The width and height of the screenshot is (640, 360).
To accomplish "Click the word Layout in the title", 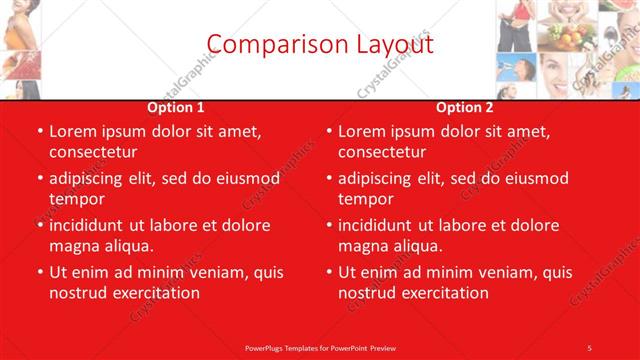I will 391,44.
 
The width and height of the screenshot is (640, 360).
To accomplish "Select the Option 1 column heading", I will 176,107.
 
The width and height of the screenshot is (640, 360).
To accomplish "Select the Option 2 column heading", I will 464,107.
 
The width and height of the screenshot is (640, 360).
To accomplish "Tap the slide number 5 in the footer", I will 590,346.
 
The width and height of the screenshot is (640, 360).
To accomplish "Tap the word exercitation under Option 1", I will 155,292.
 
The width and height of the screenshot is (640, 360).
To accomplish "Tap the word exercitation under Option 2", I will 443,292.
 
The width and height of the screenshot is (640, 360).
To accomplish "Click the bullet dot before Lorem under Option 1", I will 40,131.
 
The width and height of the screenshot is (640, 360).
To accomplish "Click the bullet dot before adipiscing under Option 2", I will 329,178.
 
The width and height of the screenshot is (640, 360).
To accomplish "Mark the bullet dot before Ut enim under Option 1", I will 40,272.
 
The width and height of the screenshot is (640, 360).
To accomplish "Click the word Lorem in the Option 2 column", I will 361,131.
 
